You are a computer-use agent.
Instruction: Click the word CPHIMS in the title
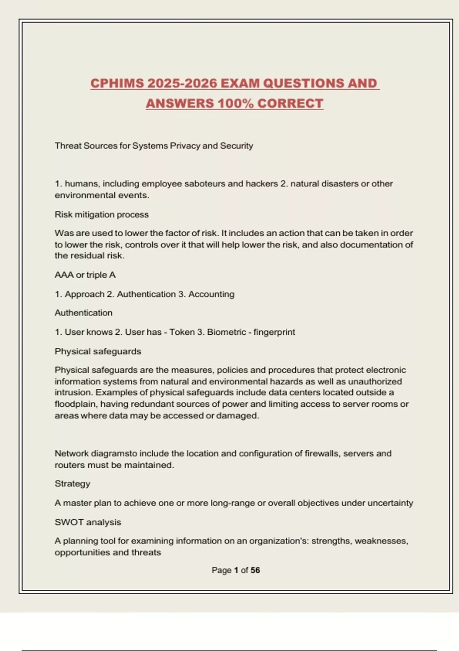(117, 83)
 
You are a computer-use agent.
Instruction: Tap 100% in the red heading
(235, 103)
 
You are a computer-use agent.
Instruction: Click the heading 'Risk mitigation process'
(101, 214)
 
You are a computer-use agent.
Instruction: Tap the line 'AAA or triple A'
(85, 275)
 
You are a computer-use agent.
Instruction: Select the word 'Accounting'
(211, 294)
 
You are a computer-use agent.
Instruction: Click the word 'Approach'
(85, 294)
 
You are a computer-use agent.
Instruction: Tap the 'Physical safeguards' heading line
(98, 351)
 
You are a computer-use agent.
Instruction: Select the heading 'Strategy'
(72, 484)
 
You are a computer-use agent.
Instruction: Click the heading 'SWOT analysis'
(88, 522)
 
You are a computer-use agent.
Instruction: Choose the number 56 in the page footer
(255, 570)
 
